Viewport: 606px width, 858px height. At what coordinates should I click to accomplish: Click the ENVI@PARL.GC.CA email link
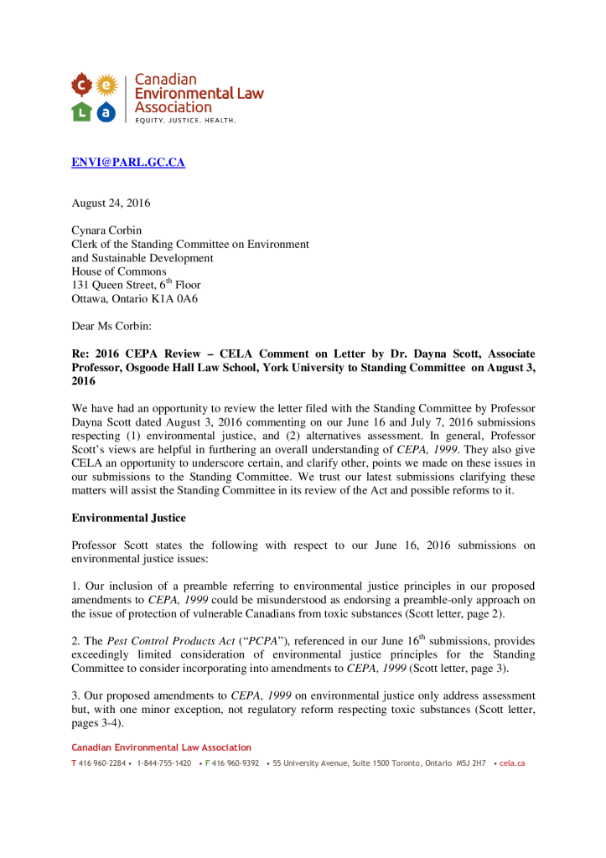[127, 163]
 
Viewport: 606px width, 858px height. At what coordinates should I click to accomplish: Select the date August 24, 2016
[111, 203]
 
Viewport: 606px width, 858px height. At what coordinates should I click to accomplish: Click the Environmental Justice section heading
[128, 518]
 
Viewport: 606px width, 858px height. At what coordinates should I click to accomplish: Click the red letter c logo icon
[81, 85]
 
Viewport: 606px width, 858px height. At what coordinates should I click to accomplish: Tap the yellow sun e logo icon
[105, 84]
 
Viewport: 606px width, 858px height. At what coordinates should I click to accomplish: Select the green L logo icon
[81, 111]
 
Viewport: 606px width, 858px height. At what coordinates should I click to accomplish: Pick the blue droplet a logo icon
[105, 111]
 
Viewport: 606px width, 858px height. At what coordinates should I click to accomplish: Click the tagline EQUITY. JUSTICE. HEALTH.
[185, 121]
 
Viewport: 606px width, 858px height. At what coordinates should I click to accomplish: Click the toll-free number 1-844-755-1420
[163, 763]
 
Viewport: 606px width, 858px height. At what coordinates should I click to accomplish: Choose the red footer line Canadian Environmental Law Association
[161, 747]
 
